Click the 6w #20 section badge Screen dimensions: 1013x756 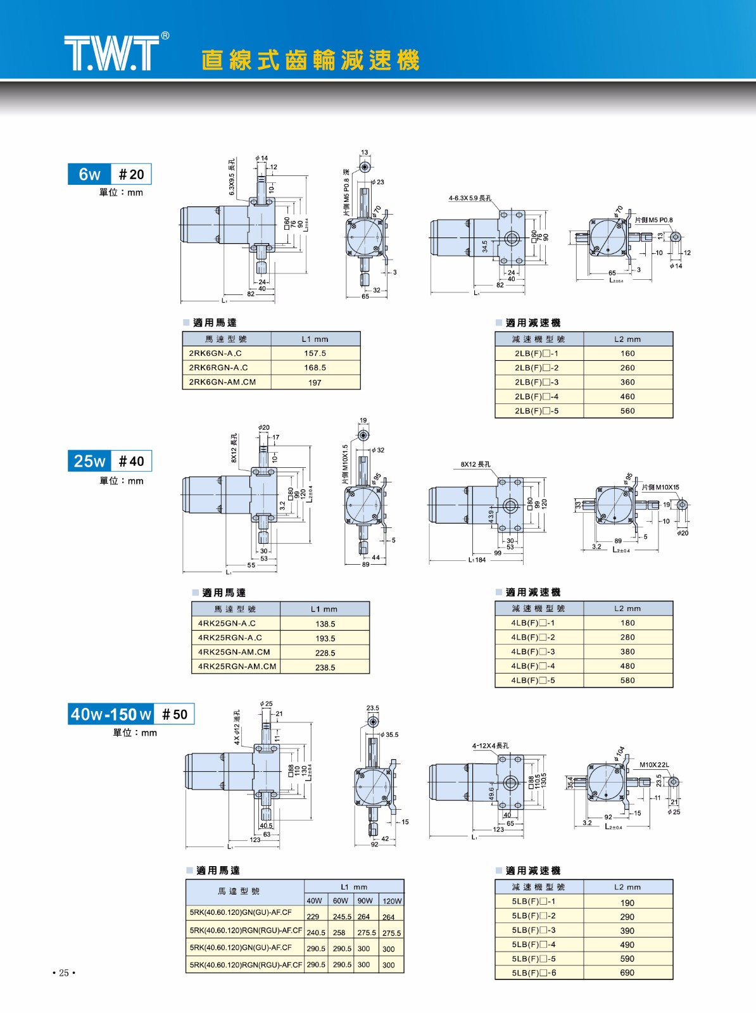[x=110, y=174]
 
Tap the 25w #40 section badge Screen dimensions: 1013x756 [x=110, y=461]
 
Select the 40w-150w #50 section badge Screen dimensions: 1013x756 [x=131, y=714]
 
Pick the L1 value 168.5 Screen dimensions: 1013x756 [x=315, y=368]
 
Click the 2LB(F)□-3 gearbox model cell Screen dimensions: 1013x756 [x=536, y=382]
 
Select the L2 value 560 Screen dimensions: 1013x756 [x=627, y=411]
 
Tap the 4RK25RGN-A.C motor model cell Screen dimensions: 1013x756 [x=230, y=638]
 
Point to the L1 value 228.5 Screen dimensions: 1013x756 [x=325, y=653]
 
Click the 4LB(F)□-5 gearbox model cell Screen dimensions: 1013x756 [x=533, y=681]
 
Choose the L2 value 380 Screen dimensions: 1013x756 [x=627, y=651]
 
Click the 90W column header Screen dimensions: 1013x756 [x=365, y=901]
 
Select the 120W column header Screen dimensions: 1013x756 [x=391, y=901]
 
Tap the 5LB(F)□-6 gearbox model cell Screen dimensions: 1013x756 [x=534, y=973]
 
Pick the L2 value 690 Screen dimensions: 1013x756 [x=627, y=973]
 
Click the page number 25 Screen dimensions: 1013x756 [x=64, y=973]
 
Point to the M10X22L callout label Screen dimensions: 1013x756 [x=654, y=765]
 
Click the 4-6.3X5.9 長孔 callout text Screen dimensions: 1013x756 [x=470, y=198]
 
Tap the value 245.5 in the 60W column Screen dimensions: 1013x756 [x=341, y=917]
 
